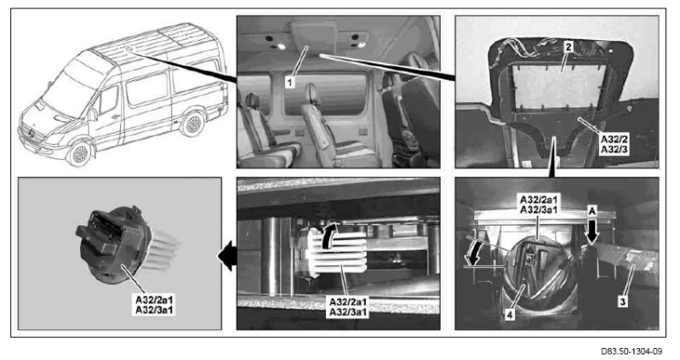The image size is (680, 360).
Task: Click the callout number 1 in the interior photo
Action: click(290, 81)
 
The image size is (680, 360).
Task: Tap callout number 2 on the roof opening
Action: click(569, 47)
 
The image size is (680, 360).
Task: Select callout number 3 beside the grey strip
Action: click(622, 301)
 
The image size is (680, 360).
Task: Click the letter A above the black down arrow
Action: click(592, 211)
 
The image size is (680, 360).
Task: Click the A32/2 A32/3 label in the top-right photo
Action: click(614, 145)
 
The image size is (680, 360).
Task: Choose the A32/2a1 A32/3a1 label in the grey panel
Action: click(155, 305)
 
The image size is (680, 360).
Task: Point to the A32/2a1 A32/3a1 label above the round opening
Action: click(539, 204)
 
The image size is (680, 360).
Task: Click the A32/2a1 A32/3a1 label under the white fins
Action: click(349, 306)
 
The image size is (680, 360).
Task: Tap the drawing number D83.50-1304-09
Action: click(631, 351)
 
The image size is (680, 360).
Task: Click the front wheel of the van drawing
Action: click(79, 153)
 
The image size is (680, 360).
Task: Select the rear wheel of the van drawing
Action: click(192, 123)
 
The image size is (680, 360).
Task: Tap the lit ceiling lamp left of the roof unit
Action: click(281, 47)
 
